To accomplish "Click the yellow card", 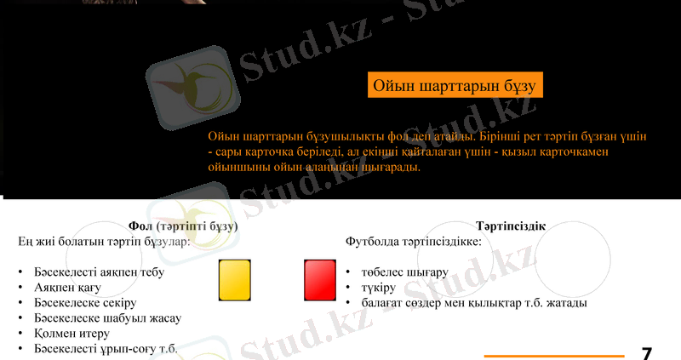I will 236,279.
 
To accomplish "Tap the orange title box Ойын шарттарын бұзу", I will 455,87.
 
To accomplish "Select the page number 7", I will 647,353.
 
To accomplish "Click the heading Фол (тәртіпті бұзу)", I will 183,227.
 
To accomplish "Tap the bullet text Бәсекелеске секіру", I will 85,303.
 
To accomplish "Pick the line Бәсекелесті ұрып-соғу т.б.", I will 106,349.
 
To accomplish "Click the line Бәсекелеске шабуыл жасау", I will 107,318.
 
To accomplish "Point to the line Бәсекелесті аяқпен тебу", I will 99,272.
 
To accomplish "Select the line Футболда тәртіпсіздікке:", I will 414,242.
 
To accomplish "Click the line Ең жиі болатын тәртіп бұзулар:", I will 104,242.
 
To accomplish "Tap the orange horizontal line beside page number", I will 554,355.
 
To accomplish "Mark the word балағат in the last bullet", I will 382,303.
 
